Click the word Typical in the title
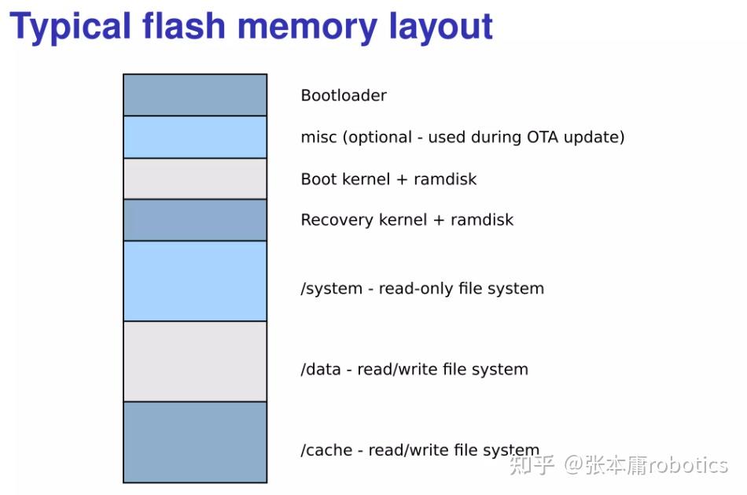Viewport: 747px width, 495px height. click(x=70, y=27)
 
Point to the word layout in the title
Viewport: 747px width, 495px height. click(x=441, y=27)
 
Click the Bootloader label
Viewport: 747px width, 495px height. click(x=344, y=96)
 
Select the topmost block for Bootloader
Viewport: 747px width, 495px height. click(x=195, y=95)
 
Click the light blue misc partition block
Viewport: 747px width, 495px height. click(x=195, y=137)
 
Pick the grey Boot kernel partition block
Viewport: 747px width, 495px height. click(x=195, y=179)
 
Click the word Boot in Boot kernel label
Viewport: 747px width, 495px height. click(x=318, y=179)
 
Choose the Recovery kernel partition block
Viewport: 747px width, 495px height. click(x=195, y=220)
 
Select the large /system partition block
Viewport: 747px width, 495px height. click(x=195, y=281)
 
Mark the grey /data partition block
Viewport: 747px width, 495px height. click(x=195, y=361)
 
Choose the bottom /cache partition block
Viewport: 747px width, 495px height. click(x=195, y=441)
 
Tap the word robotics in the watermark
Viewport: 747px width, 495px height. click(x=688, y=465)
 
